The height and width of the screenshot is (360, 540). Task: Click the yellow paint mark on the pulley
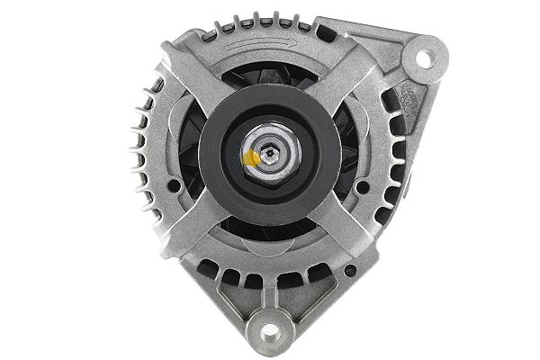coord(253,160)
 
